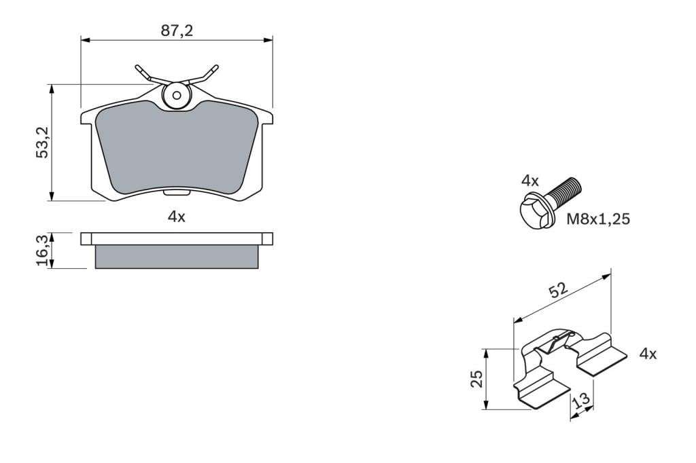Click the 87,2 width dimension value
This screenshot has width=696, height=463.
pyautogui.click(x=177, y=31)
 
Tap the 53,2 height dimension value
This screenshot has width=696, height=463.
pyautogui.click(x=43, y=142)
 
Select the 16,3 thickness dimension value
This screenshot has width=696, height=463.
pyautogui.click(x=43, y=251)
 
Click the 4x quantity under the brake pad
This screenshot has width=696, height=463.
pyautogui.click(x=176, y=217)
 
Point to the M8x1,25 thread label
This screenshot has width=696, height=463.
pyautogui.click(x=598, y=219)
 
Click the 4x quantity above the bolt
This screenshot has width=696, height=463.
pyautogui.click(x=530, y=181)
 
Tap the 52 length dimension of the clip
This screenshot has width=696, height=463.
pyautogui.click(x=558, y=291)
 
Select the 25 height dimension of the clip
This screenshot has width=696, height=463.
pyautogui.click(x=476, y=379)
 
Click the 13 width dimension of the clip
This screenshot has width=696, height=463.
pyautogui.click(x=581, y=400)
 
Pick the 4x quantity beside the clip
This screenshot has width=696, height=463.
pyautogui.click(x=648, y=354)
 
